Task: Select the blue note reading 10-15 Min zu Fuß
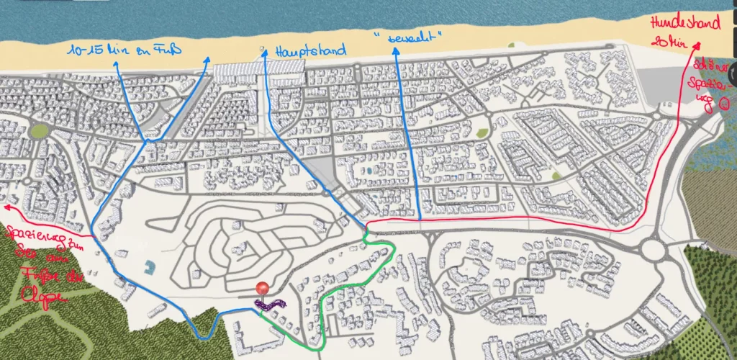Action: [x=124, y=50]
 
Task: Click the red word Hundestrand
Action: [x=684, y=24]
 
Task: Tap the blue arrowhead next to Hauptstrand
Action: [x=265, y=51]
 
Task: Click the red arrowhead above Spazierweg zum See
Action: [x=7, y=207]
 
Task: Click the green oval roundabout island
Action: [x=40, y=130]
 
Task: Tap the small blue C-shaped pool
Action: [x=148, y=269]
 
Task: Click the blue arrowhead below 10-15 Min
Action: [x=116, y=63]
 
